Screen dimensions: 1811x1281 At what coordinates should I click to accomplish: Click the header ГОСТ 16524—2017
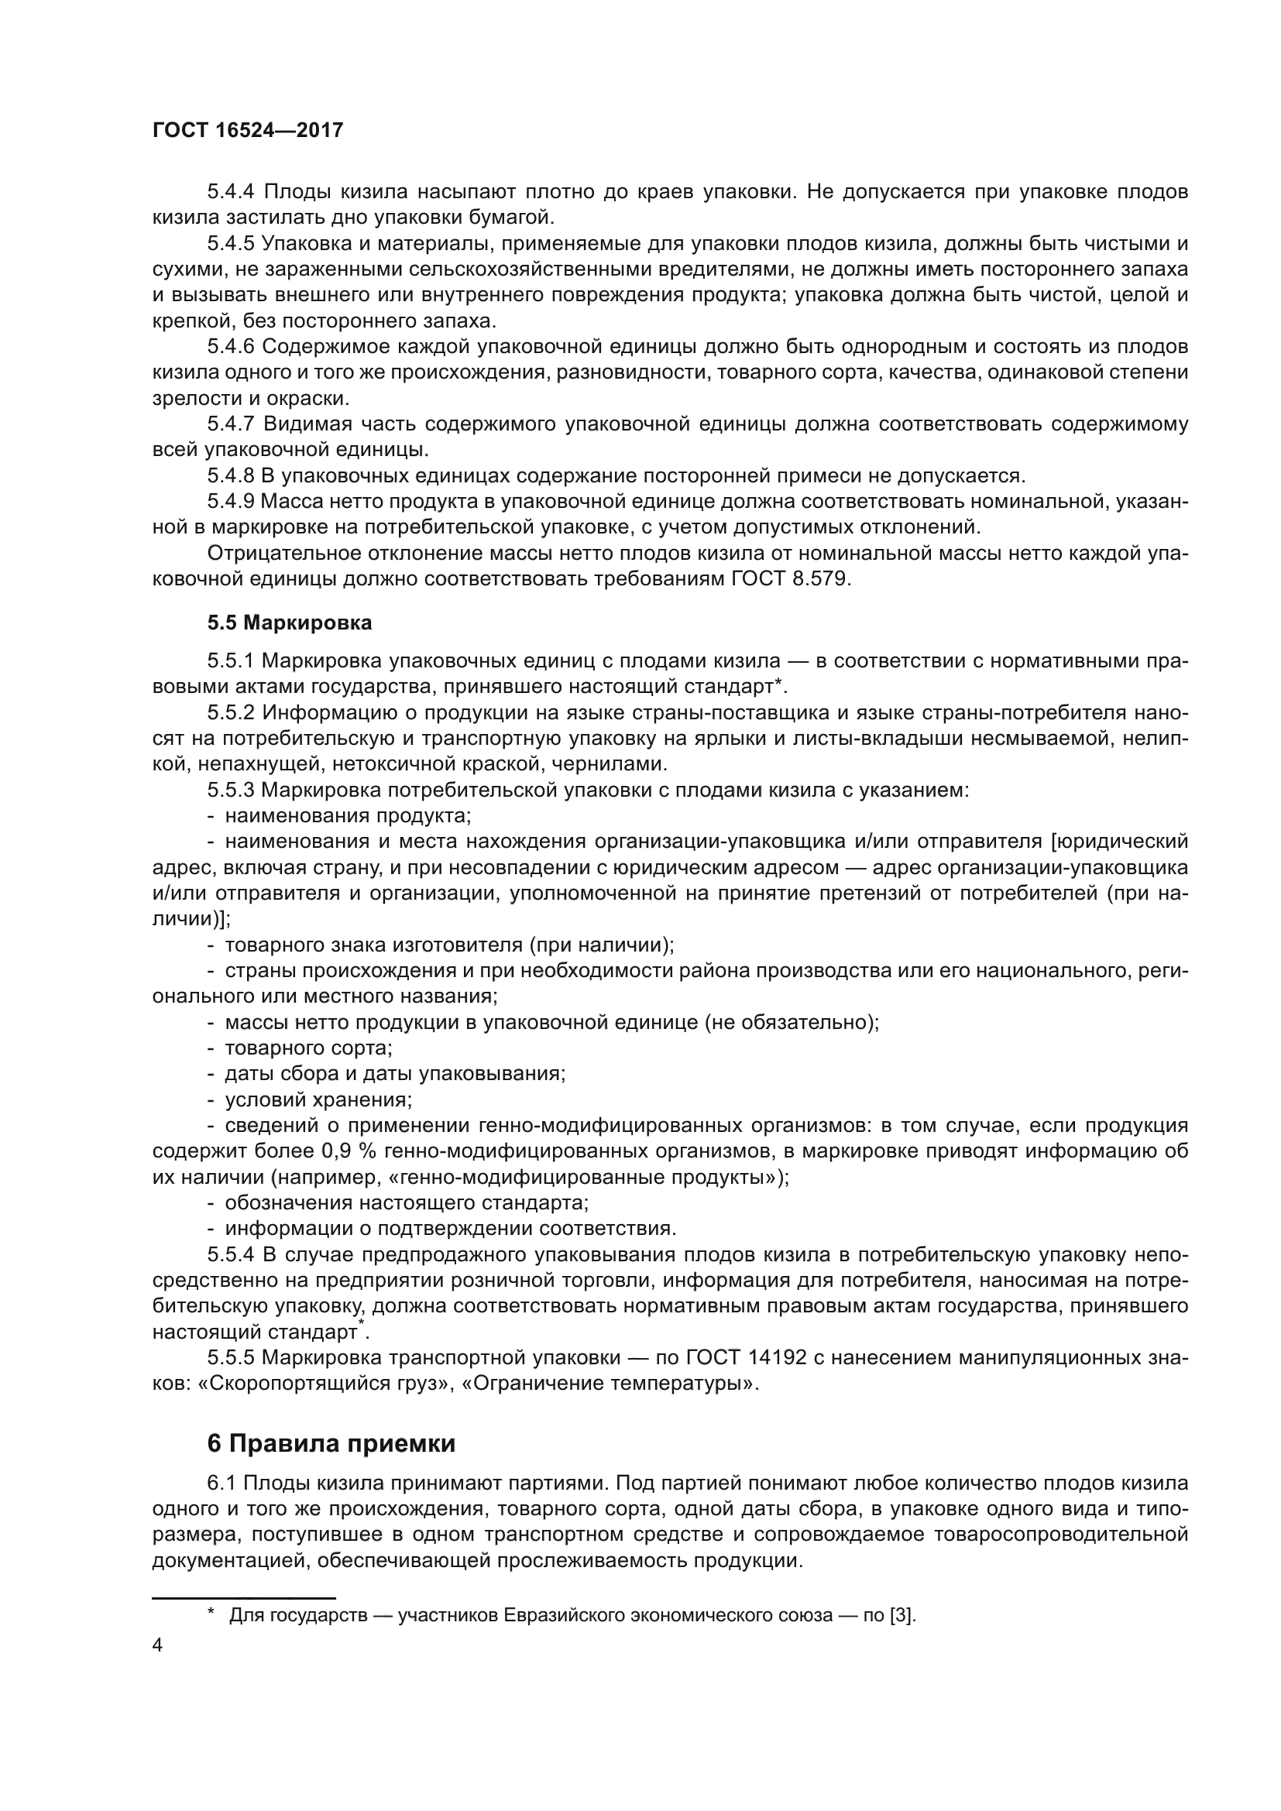point(248,130)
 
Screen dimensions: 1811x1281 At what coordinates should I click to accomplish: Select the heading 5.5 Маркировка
point(290,623)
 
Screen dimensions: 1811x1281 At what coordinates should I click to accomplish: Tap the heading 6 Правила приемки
point(331,1443)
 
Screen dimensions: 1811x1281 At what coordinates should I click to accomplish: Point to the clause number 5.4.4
point(230,192)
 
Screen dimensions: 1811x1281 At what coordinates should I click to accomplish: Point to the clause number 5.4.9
point(230,502)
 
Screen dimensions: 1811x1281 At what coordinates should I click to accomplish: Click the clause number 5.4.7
point(230,424)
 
